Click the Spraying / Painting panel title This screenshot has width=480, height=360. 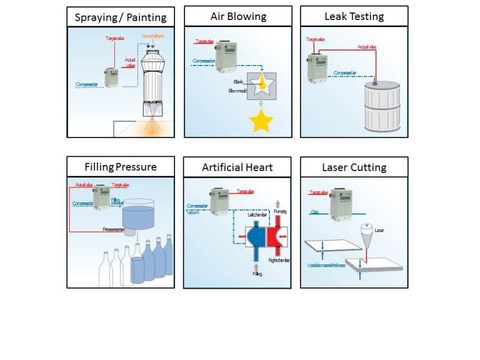121,17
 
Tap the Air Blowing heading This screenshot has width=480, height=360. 237,16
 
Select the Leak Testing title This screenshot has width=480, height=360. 354,16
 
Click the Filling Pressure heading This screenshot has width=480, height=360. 121,167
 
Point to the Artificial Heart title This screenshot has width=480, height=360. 237,167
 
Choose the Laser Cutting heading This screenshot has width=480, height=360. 354,167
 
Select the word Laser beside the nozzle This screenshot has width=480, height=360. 379,230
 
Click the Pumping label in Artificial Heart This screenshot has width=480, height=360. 280,212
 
